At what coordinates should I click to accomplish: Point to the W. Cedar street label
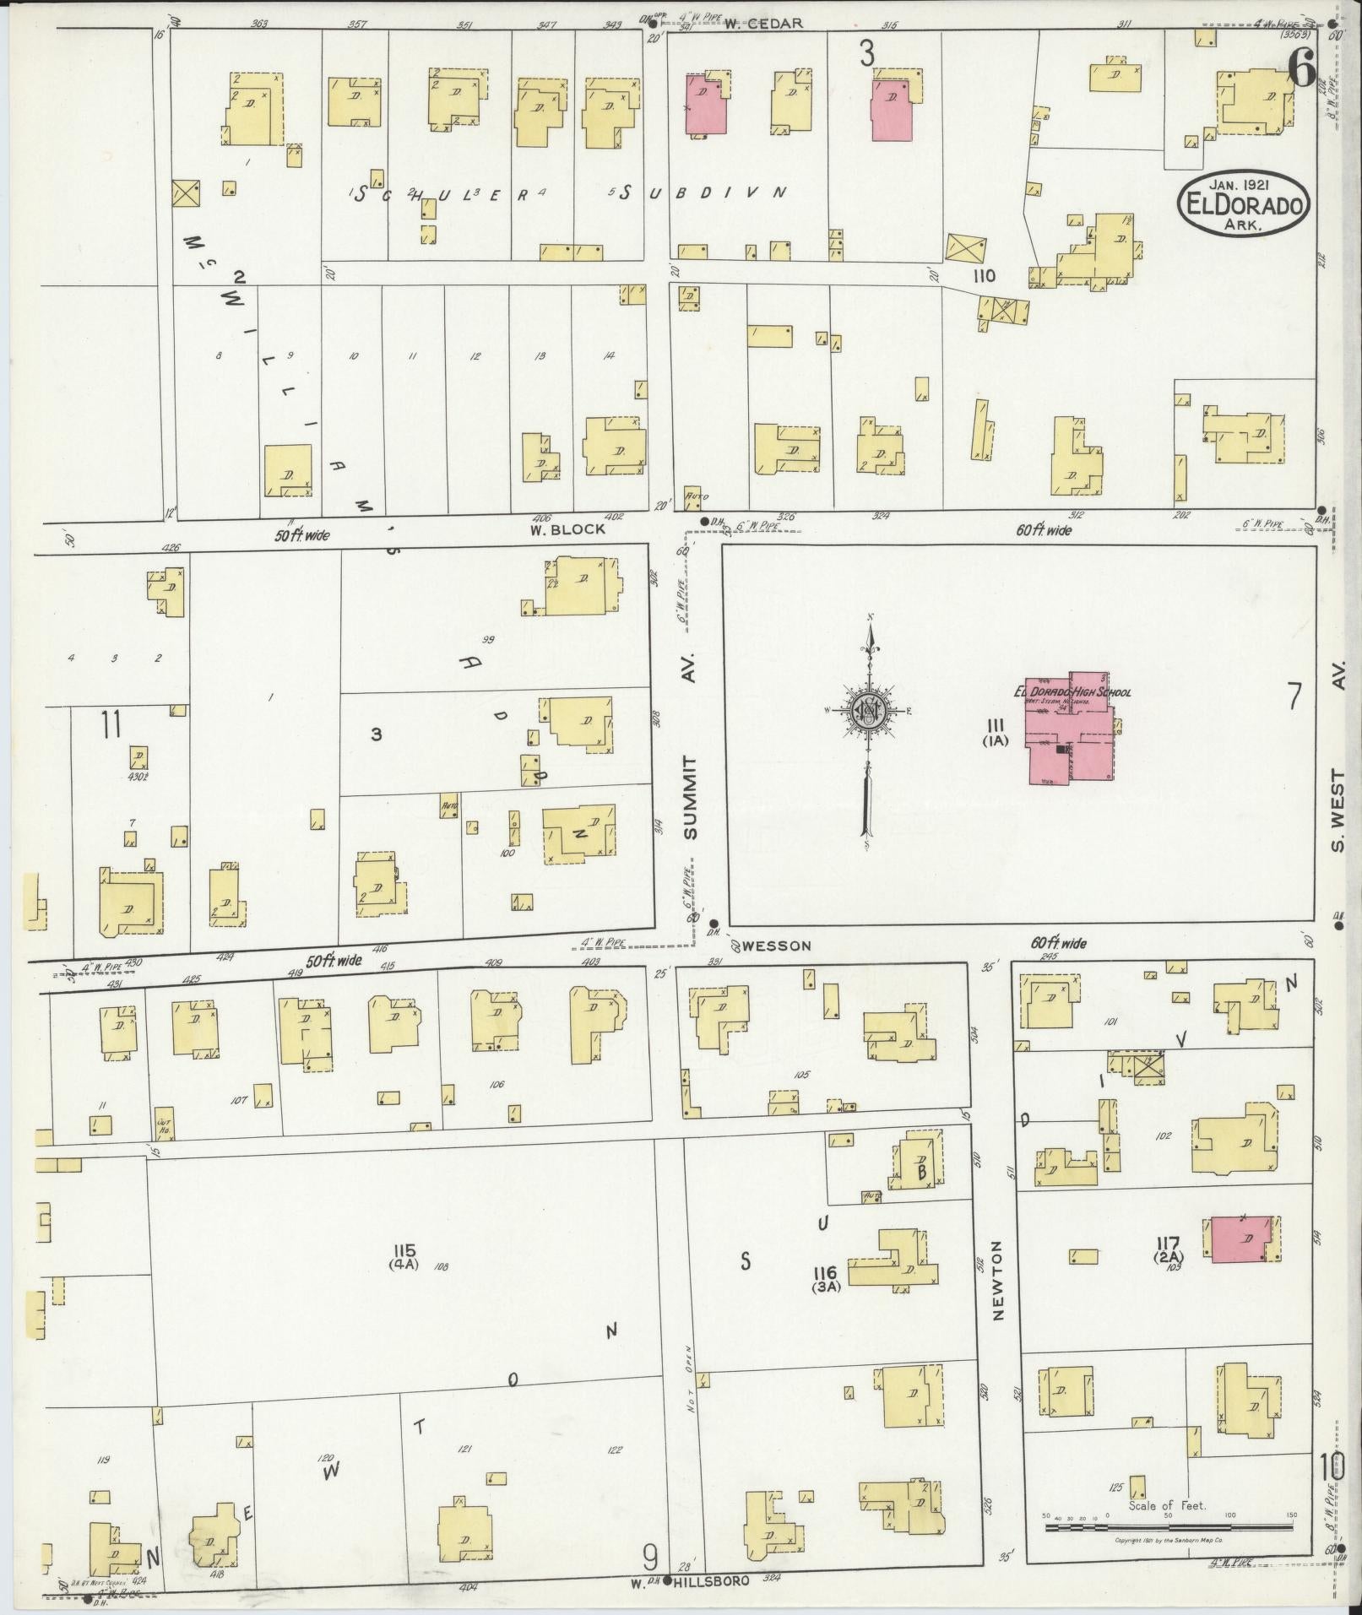pos(762,24)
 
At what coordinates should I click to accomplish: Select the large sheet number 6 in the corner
pos(1301,68)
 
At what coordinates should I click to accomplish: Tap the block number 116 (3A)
pos(825,1278)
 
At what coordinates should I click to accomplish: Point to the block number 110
pos(983,276)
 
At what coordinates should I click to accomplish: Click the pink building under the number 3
pos(892,111)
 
